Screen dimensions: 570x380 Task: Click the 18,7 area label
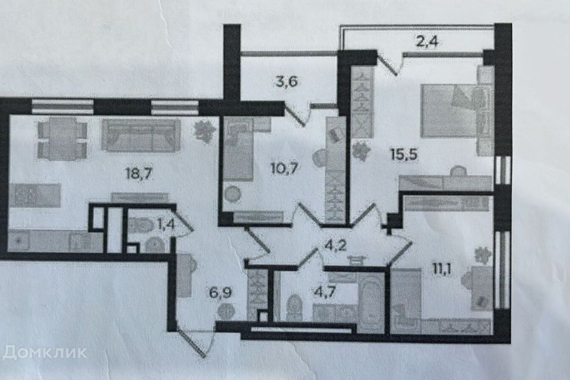(138, 174)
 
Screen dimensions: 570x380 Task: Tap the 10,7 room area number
(284, 168)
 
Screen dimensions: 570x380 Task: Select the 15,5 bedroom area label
(404, 154)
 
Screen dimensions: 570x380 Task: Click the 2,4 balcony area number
(427, 41)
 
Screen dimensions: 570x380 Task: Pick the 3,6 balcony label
(286, 81)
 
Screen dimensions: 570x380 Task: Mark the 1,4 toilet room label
(166, 224)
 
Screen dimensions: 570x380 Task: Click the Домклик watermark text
(45, 352)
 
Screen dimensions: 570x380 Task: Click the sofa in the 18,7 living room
(141, 134)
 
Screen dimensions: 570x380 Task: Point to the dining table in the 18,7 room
(62, 138)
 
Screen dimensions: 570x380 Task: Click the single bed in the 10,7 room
(238, 150)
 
